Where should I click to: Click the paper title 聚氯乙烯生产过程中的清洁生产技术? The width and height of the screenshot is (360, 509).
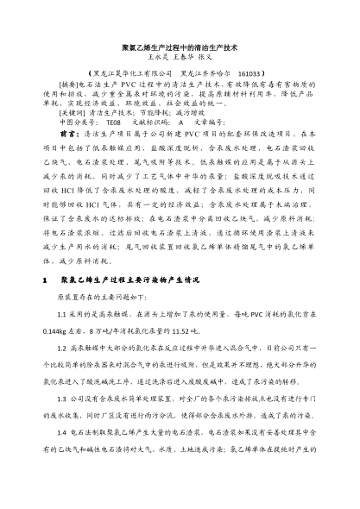coord(180,53)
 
